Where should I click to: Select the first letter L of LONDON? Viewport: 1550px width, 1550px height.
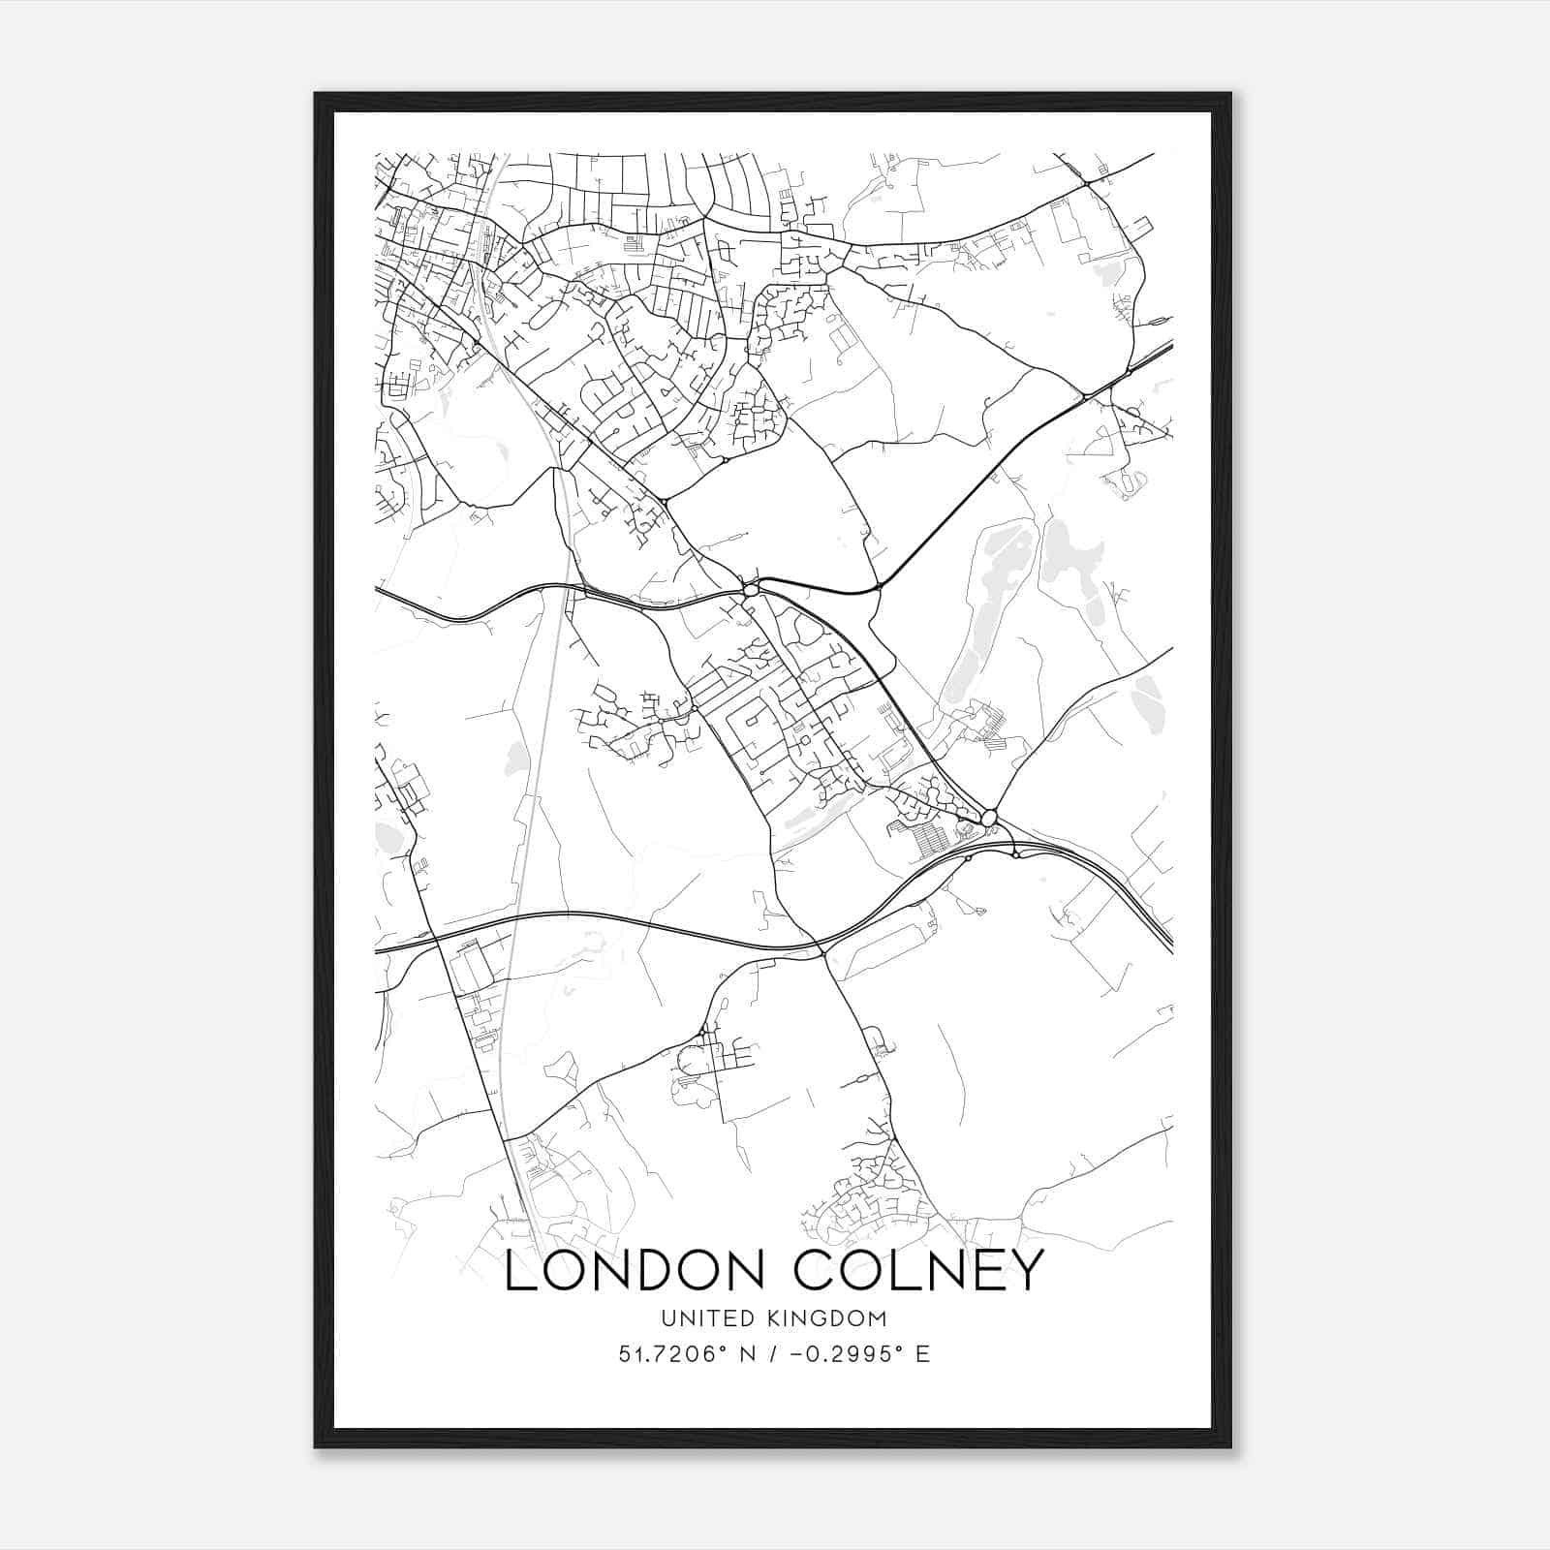point(517,1271)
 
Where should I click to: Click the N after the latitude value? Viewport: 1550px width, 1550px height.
point(746,1354)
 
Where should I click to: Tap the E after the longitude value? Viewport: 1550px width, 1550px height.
point(923,1354)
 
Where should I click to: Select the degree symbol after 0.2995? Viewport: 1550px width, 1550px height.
point(898,1348)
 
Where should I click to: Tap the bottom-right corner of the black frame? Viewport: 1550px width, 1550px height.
point(1230,1447)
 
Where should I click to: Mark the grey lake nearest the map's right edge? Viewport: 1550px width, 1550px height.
point(1149,692)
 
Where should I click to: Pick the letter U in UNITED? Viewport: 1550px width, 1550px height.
point(667,1318)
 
